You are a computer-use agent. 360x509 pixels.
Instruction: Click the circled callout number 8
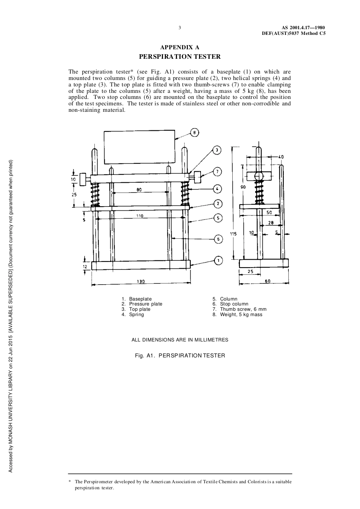point(194,133)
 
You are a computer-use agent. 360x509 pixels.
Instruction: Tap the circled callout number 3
point(217,150)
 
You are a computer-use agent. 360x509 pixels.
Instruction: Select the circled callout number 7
point(217,172)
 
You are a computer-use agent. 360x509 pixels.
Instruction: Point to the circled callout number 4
point(217,188)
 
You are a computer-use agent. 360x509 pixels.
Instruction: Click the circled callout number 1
point(218,260)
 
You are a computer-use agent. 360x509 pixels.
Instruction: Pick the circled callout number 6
point(218,239)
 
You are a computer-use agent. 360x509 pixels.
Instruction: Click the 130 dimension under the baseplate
point(141,282)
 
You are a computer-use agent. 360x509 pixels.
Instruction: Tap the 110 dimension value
point(139,216)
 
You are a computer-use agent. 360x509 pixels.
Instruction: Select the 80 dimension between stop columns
point(139,190)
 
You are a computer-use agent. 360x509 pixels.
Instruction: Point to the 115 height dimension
point(233,234)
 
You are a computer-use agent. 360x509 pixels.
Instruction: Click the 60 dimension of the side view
point(268,281)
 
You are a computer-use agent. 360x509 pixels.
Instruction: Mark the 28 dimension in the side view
point(271,223)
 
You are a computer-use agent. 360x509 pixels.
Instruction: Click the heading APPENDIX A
point(180,47)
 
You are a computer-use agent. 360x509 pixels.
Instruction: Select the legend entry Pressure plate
point(146,304)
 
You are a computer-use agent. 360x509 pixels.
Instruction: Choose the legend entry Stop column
point(234,304)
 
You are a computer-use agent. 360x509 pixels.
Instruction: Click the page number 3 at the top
point(180,27)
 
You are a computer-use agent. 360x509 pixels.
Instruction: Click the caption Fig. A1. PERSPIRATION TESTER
point(180,356)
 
